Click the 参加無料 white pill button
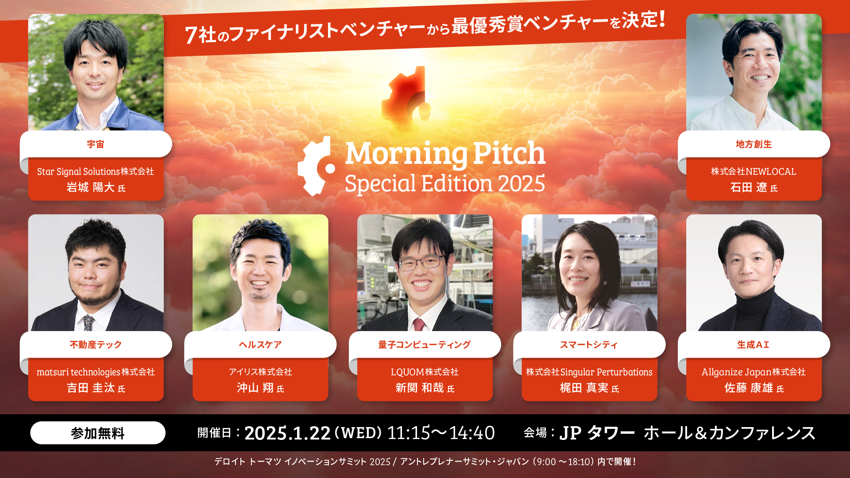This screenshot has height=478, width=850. [97, 433]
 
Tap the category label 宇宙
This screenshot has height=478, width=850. [96, 144]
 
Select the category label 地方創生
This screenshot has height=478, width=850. [753, 144]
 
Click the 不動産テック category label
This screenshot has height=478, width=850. [96, 345]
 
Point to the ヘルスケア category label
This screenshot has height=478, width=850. [260, 345]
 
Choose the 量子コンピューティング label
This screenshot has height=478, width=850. [424, 345]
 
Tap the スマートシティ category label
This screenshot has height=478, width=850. [589, 345]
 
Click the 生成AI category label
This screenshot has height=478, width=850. [753, 345]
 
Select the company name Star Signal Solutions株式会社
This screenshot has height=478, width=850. [96, 172]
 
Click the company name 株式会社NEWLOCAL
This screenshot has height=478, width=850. [753, 172]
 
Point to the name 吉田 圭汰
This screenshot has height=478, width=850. [91, 388]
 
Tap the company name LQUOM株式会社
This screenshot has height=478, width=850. [425, 372]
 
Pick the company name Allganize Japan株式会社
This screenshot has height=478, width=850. [753, 372]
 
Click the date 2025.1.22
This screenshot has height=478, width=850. [287, 433]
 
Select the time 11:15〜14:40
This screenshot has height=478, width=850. [441, 433]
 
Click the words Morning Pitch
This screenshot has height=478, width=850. [445, 153]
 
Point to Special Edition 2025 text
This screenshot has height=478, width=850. [445, 184]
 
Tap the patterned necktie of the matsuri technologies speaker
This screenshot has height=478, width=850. [89, 323]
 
